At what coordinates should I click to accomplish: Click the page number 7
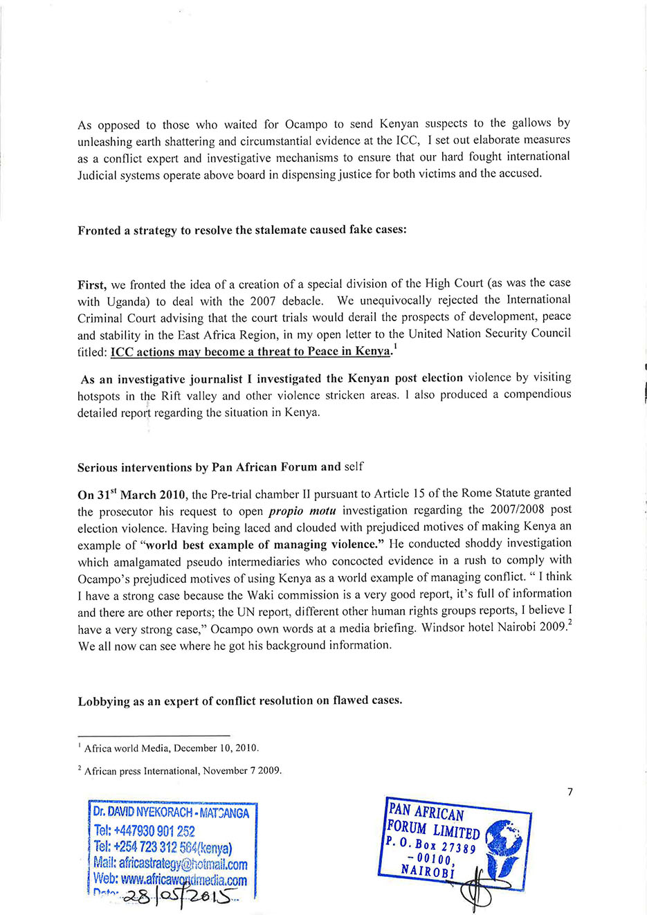tap(569, 792)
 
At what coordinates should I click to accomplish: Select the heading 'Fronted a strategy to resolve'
tap(242, 230)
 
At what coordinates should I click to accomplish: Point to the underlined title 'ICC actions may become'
tap(250, 352)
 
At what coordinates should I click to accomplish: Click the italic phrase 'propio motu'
tap(302, 511)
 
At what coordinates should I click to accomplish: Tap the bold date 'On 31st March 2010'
tap(131, 495)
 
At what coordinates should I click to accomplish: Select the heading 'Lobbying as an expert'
tap(239, 700)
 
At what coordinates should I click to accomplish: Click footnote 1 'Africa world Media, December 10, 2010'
tap(171, 748)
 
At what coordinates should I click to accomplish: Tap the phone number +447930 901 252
tap(145, 831)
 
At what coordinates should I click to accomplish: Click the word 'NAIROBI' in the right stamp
tap(428, 871)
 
